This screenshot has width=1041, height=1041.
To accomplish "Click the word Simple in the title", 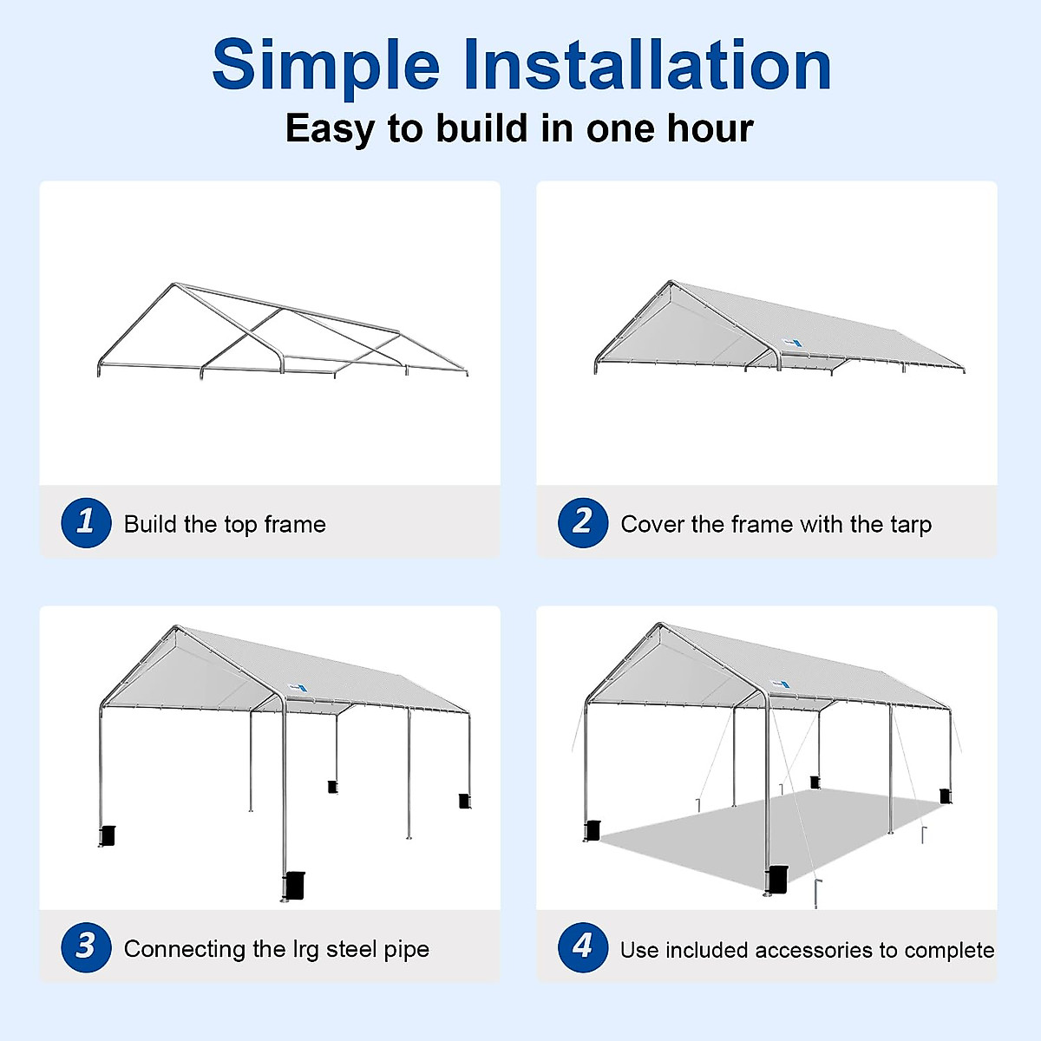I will (325, 66).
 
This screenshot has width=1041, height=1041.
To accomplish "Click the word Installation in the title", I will (646, 66).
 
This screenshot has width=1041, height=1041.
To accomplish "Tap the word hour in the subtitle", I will (710, 128).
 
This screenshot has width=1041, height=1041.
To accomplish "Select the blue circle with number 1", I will (86, 522).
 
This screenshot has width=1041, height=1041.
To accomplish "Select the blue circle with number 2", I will (583, 522).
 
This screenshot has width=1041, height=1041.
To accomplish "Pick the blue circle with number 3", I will (86, 946).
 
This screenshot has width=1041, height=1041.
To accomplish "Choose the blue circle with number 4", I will (583, 946).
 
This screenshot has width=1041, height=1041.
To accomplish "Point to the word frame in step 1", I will (295, 524).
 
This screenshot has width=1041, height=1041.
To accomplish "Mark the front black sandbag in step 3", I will (294, 884).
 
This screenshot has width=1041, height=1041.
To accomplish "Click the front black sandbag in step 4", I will (778, 879).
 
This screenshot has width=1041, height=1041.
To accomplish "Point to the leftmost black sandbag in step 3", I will (108, 835).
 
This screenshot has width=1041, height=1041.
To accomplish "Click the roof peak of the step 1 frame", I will (174, 285).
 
